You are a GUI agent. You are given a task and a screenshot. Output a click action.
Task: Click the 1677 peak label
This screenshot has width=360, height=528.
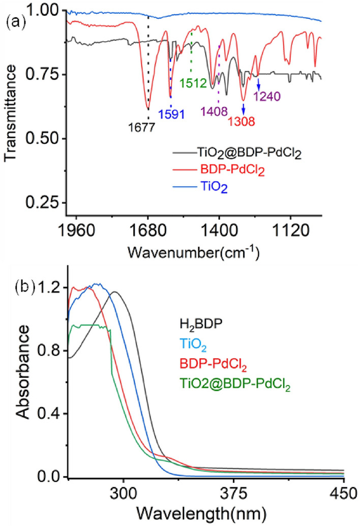[x=145, y=127]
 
